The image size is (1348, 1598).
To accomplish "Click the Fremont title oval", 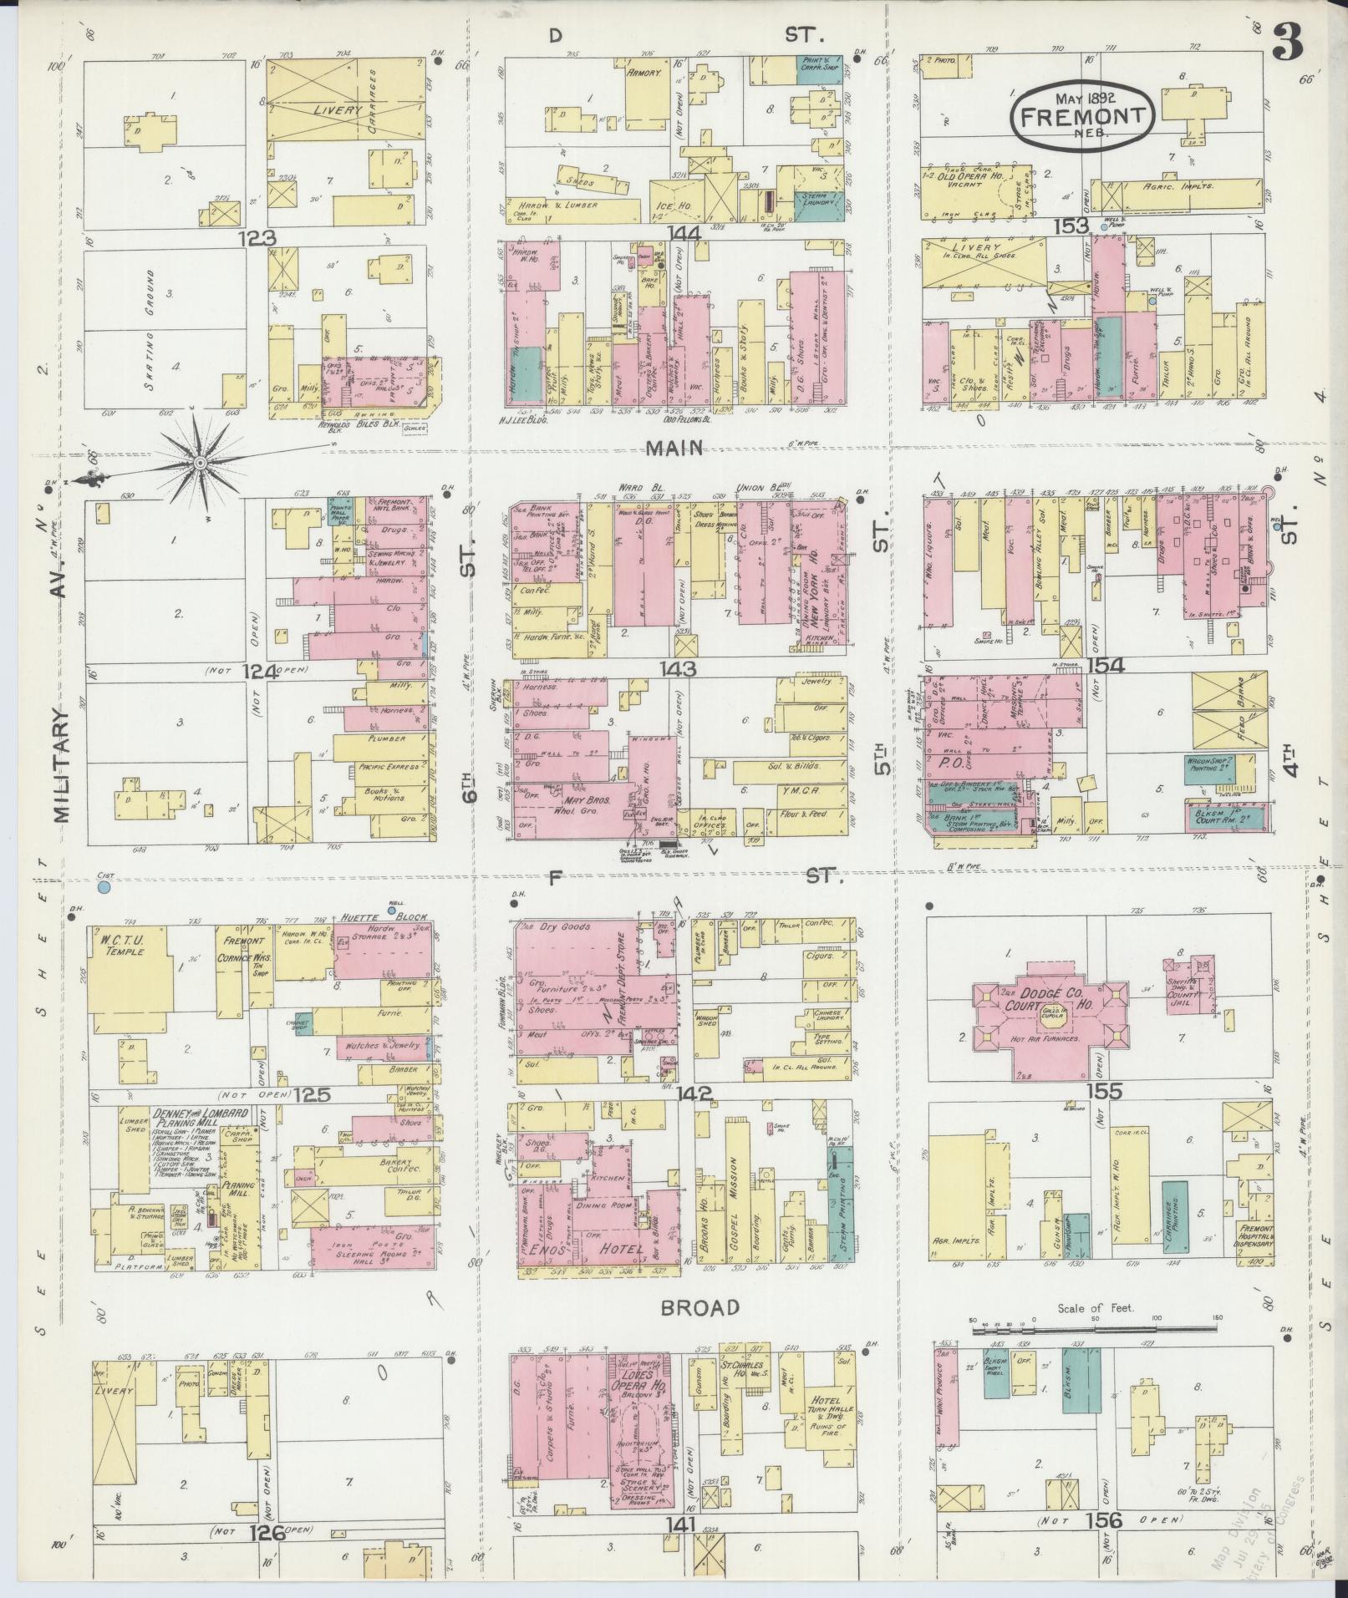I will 1083,116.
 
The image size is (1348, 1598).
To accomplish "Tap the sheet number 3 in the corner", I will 1288,39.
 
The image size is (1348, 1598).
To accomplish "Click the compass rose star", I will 201,462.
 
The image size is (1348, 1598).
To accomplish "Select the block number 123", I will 257,238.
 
